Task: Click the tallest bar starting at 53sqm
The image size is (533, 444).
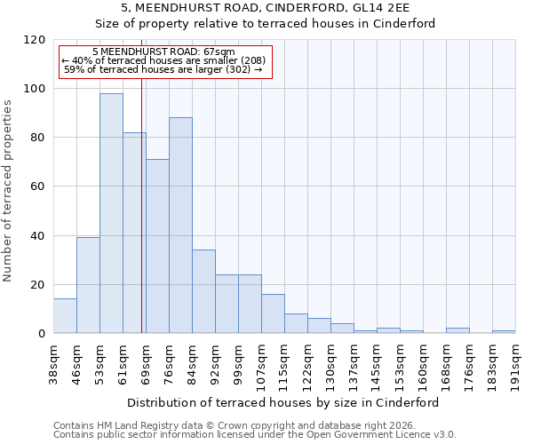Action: point(111,213)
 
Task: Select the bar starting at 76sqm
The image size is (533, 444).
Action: point(180,226)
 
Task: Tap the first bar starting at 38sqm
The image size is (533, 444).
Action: point(65,316)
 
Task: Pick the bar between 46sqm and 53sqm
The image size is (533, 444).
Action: point(88,285)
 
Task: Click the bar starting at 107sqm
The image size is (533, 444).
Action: point(273,313)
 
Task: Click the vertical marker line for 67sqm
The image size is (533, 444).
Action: point(141,204)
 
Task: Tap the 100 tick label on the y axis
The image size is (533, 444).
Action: point(35,89)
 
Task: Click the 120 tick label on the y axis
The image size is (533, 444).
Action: point(35,40)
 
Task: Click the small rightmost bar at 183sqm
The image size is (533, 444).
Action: point(504,332)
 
